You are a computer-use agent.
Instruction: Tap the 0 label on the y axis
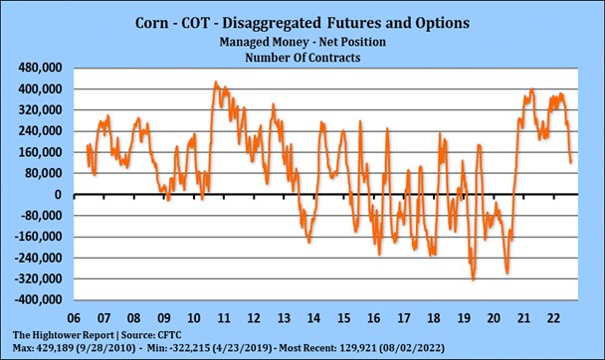[62, 195]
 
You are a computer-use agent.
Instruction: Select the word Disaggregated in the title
[291, 20]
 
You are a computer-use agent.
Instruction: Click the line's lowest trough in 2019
[473, 280]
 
